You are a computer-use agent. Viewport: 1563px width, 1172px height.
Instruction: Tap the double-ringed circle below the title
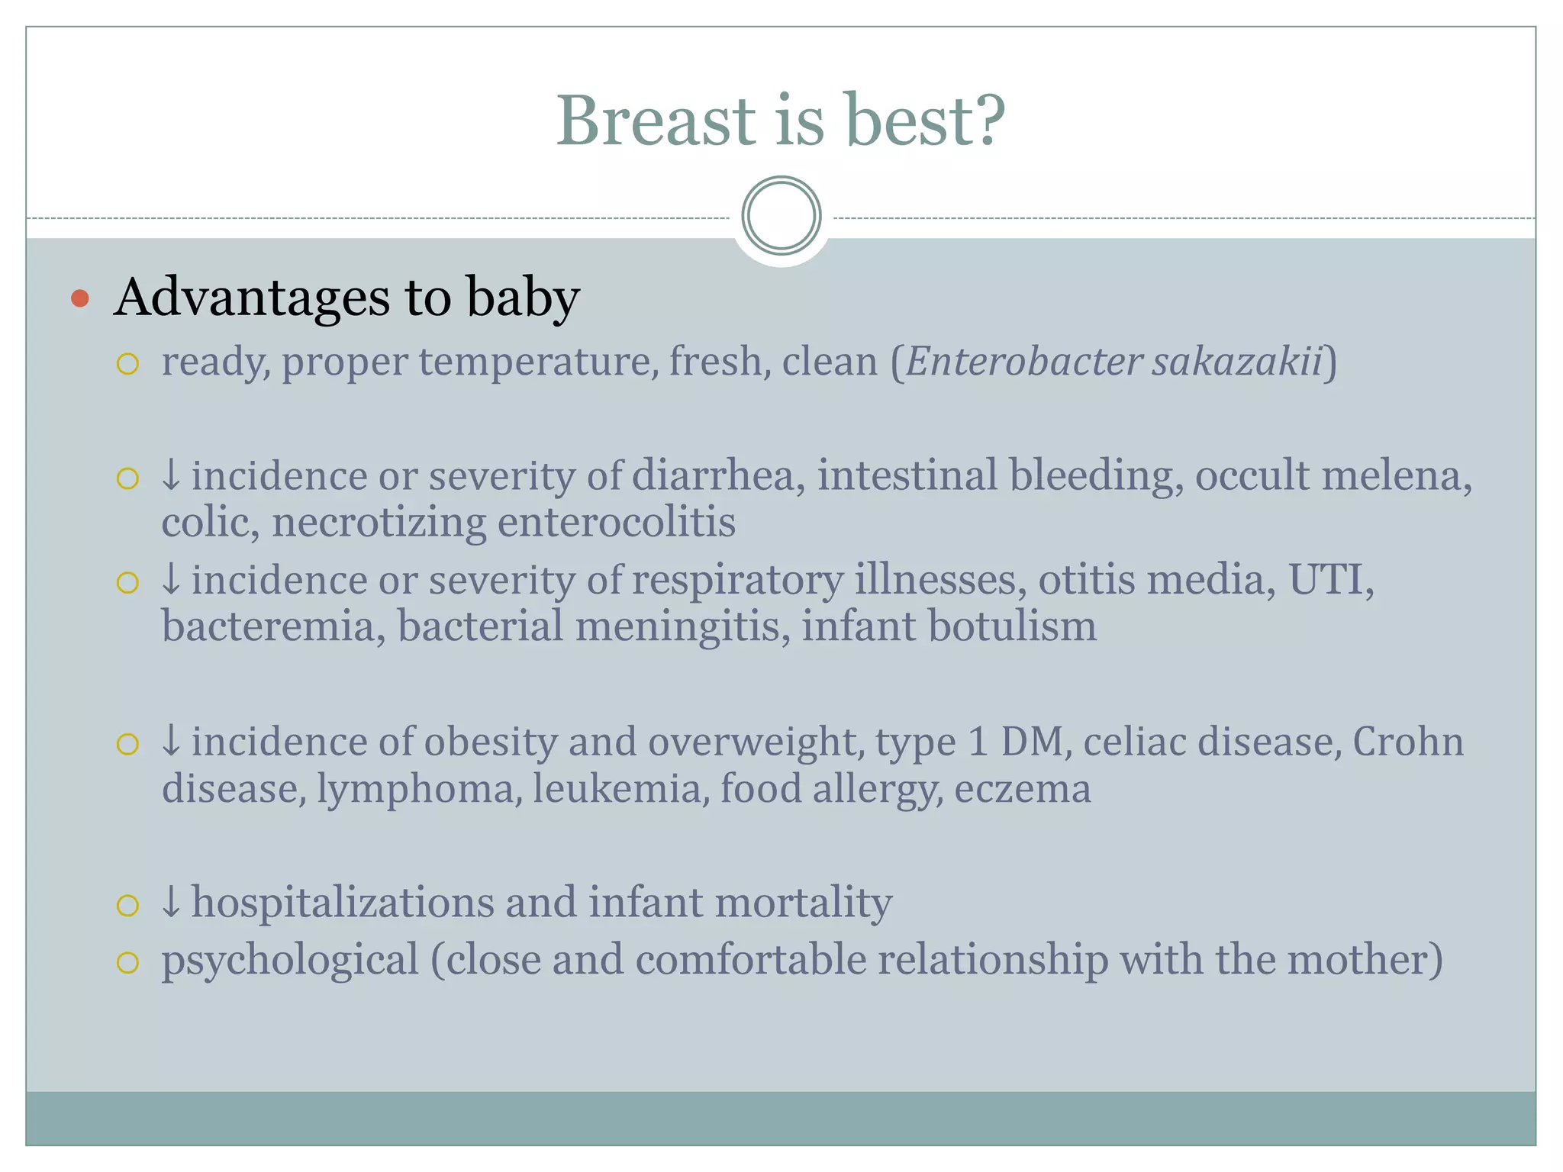tap(781, 216)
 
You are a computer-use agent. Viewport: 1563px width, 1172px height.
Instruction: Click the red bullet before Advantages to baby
tap(80, 298)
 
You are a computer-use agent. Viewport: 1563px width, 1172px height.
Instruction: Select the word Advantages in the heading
tap(252, 298)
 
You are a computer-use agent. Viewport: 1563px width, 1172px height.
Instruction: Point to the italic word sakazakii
tap(1236, 362)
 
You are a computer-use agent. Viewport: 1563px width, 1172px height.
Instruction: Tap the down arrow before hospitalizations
tap(171, 903)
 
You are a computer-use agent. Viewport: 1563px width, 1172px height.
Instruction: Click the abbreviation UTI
tap(1330, 580)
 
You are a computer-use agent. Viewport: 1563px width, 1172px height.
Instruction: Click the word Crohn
tap(1408, 742)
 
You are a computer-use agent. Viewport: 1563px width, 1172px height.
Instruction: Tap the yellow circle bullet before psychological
tap(127, 962)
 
